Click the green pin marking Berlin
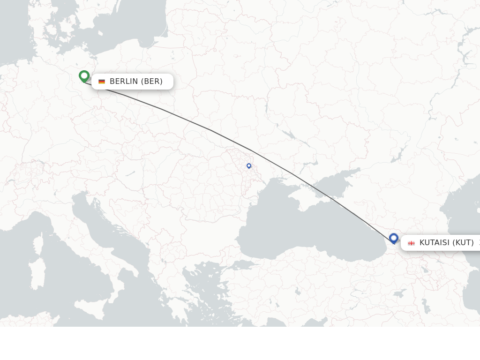point(84,75)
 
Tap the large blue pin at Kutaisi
point(393,238)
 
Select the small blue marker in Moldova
point(249,165)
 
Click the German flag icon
point(102,82)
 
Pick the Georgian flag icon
point(411,243)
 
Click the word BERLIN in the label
point(124,82)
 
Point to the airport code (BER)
point(152,82)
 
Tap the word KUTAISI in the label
point(435,243)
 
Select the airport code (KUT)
point(463,243)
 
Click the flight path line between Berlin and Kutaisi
point(211,130)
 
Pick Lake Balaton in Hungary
point(130,173)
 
